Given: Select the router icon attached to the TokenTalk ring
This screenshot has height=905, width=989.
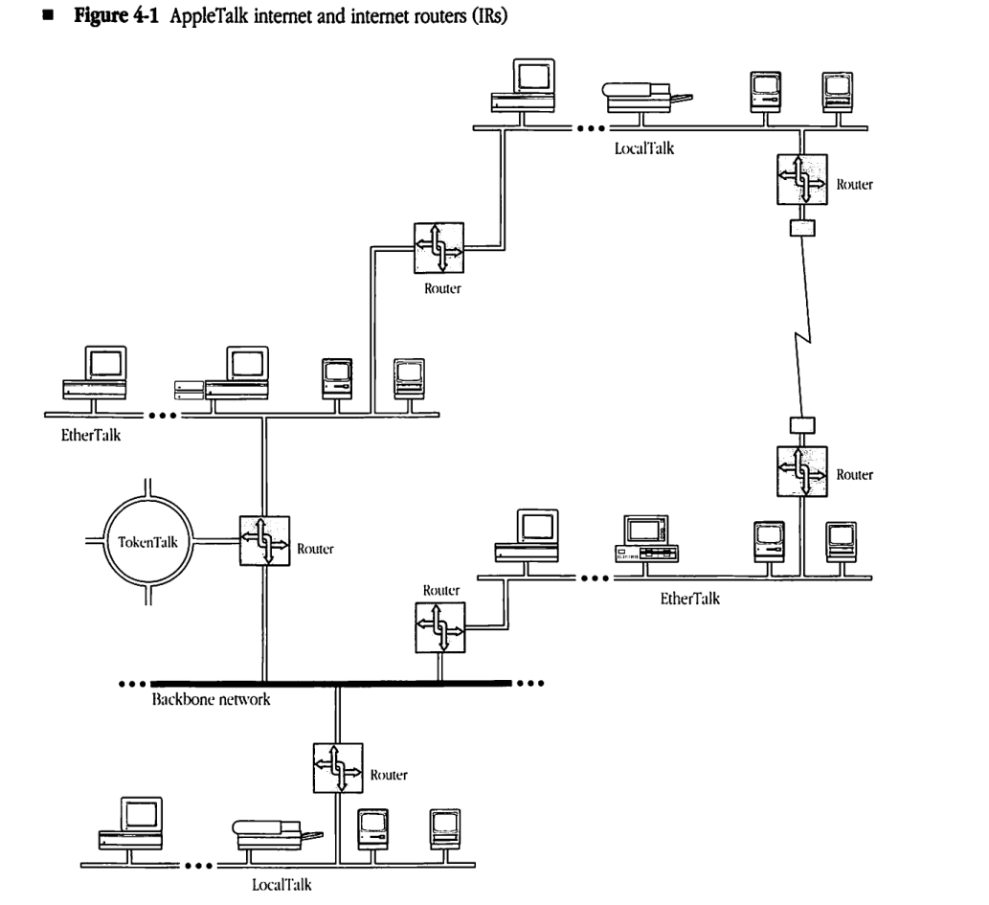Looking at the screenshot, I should (x=263, y=540).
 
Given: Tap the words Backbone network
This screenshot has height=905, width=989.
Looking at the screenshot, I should (x=211, y=700).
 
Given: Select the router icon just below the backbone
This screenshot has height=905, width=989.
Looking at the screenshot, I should (x=338, y=767).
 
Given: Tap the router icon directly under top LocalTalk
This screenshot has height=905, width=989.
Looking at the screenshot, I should (x=799, y=179).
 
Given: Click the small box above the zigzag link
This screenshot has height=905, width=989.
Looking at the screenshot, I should (x=799, y=229).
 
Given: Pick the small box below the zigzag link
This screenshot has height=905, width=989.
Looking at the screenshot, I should (x=799, y=424).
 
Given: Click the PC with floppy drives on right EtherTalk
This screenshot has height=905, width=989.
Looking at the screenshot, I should (x=645, y=540).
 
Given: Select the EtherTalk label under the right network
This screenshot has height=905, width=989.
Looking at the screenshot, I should (x=689, y=599).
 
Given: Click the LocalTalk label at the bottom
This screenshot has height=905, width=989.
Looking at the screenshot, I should (x=281, y=884).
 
